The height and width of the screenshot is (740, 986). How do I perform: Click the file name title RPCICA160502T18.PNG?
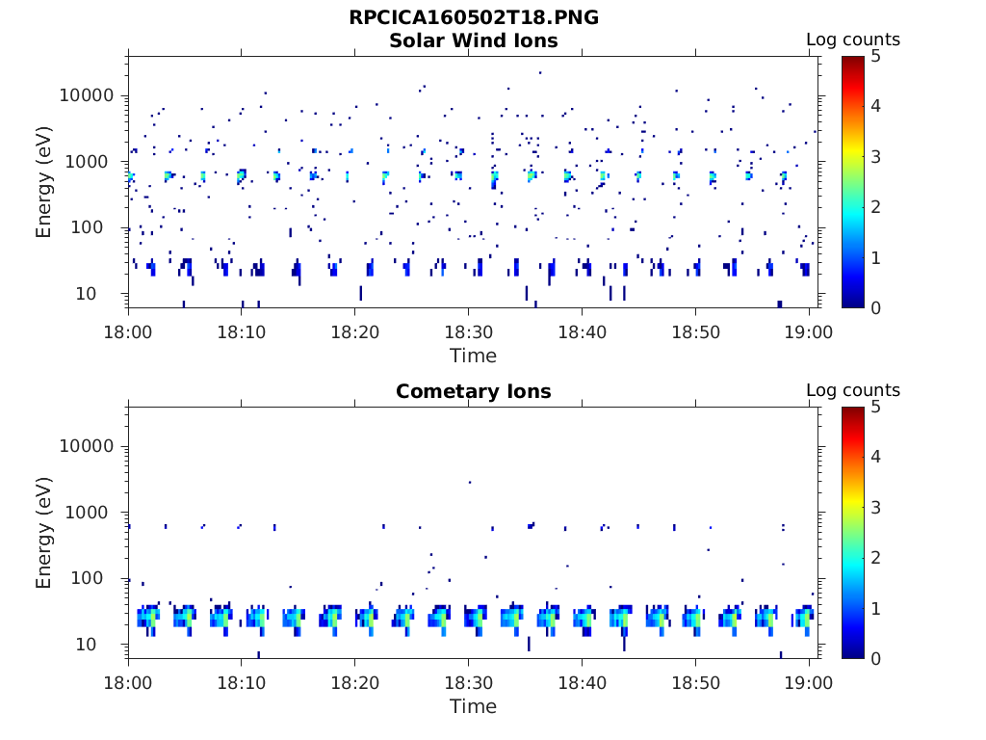(473, 18)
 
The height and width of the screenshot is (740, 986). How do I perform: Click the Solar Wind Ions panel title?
(473, 40)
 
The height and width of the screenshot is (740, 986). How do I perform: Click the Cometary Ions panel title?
(473, 391)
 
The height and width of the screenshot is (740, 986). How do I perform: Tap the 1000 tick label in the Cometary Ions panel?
(93, 514)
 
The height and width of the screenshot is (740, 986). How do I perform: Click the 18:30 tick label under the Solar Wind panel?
(468, 332)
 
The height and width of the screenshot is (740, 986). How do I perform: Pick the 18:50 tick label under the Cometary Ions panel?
(695, 683)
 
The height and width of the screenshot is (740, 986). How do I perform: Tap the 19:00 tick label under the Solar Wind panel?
(809, 332)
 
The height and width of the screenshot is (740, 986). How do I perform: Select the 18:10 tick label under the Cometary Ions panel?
(241, 683)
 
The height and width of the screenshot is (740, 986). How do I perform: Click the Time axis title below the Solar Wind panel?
(473, 356)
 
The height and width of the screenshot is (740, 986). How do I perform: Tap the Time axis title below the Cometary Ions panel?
(473, 706)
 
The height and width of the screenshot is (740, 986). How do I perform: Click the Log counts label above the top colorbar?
(852, 40)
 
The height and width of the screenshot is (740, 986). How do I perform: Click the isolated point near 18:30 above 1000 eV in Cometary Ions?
(469, 482)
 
